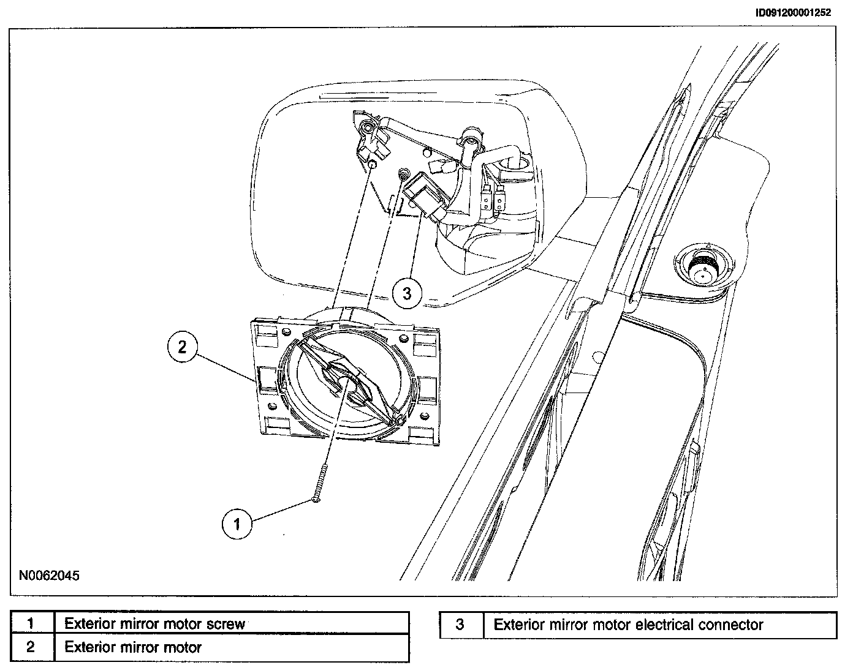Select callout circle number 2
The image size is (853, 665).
[182, 347]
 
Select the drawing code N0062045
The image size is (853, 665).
[49, 576]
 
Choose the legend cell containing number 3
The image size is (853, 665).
[461, 625]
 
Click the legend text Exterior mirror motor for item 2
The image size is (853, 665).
[133, 647]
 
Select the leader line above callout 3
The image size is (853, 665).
[414, 245]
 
